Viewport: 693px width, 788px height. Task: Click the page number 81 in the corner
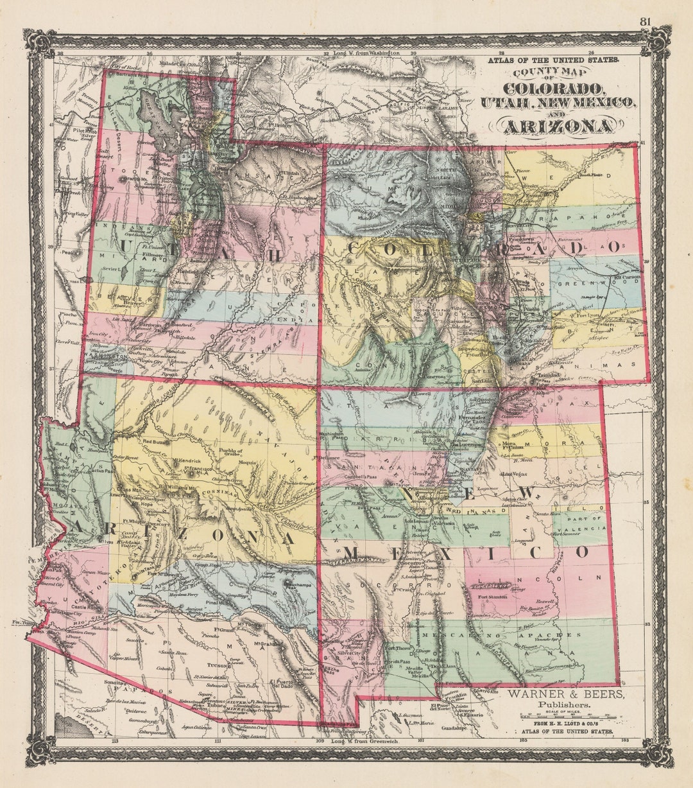[645, 22]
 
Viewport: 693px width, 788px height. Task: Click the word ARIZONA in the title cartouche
[557, 127]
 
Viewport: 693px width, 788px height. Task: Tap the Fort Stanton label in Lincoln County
[492, 597]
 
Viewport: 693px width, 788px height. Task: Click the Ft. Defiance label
[328, 457]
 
